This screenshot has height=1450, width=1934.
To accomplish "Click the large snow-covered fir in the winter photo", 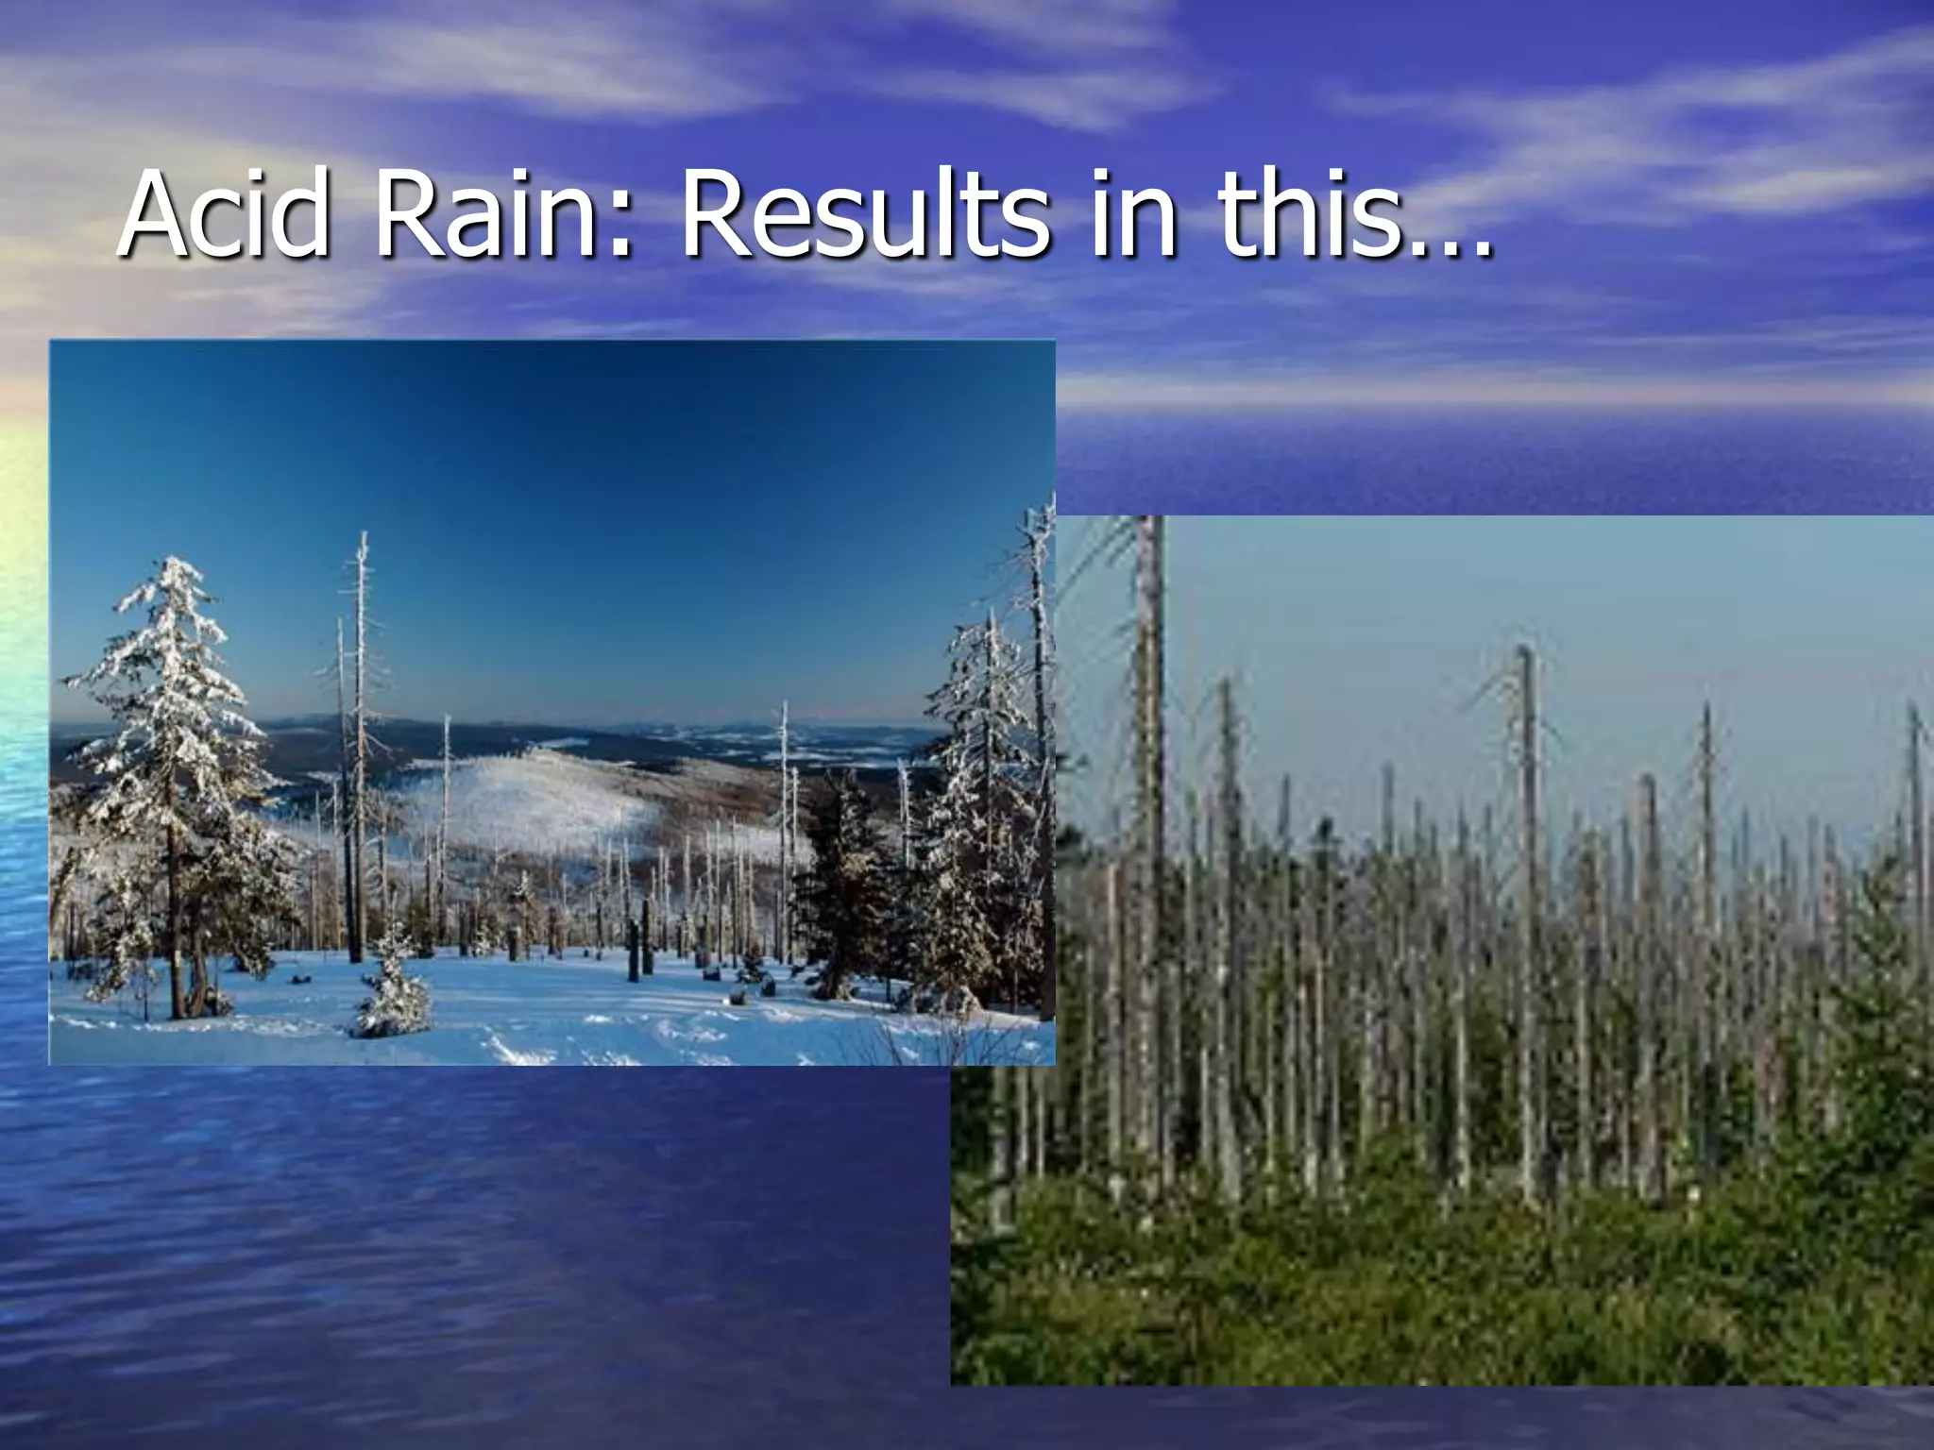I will click(175, 736).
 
